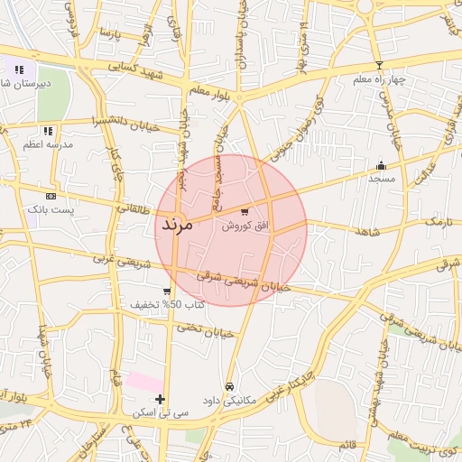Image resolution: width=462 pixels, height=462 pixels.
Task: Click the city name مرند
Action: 176,225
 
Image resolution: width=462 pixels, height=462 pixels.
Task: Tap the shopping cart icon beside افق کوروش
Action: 245,212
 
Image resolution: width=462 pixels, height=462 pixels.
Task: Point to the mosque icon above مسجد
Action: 381,165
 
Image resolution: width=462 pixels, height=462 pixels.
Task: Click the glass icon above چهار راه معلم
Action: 379,65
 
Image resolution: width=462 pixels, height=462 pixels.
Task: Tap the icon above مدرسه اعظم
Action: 47,131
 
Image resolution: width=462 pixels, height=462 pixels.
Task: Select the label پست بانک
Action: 51,208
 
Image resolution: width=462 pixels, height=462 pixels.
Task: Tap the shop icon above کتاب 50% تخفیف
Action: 167,291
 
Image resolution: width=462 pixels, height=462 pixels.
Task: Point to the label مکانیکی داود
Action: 229,399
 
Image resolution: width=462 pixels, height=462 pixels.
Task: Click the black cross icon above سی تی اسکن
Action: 160,399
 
